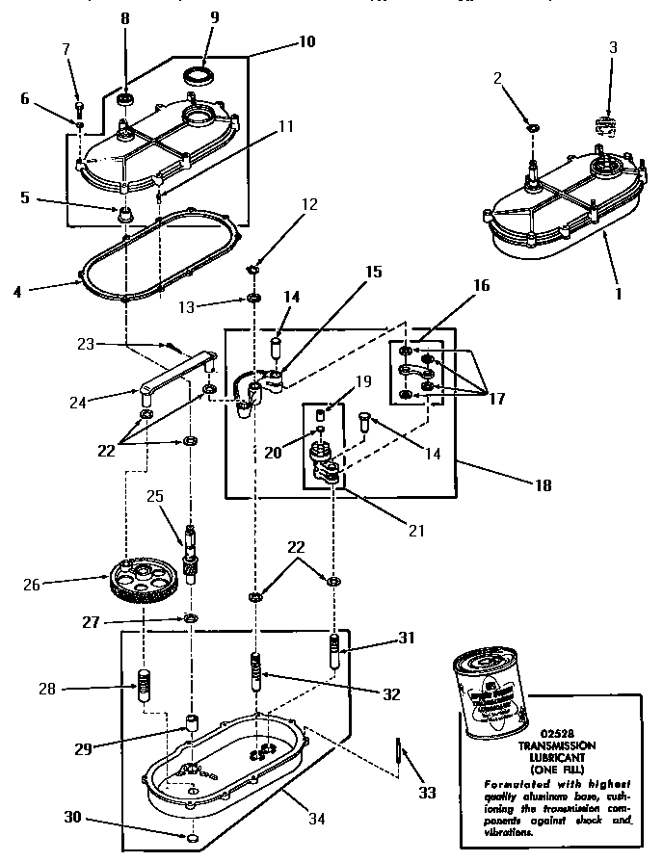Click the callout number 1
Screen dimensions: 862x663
pyautogui.click(x=618, y=292)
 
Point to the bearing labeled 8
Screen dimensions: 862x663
pyautogui.click(x=124, y=99)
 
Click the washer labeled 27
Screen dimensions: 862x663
pyautogui.click(x=191, y=616)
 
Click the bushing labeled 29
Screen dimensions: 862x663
pyautogui.click(x=191, y=722)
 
